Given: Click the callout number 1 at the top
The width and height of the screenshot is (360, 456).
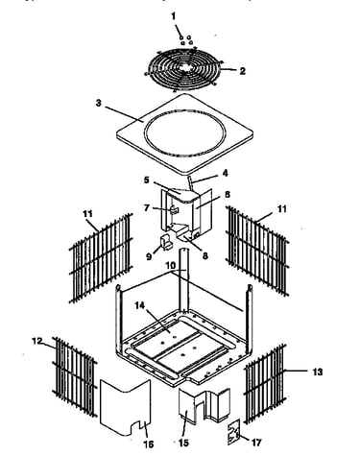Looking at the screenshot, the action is (x=174, y=16).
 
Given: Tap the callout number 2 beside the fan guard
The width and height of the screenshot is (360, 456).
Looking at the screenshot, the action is (x=243, y=71).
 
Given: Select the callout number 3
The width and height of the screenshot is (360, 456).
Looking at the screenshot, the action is (x=99, y=104).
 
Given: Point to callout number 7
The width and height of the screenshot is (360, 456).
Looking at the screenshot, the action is (x=147, y=208).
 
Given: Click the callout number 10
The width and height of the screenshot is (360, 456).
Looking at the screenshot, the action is (x=170, y=266).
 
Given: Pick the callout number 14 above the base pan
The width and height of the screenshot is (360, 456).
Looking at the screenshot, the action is (x=139, y=305).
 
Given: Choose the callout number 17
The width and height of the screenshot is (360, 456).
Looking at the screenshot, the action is (x=256, y=443).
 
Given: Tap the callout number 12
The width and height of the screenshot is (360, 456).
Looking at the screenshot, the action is (x=37, y=341).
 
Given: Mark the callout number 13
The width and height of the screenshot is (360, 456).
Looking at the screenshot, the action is (x=318, y=372).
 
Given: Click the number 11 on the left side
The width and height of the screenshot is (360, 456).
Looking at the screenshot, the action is (x=87, y=214).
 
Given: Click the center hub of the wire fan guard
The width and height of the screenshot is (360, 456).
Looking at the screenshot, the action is (x=183, y=68).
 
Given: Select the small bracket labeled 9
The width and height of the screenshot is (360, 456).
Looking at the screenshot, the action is (x=166, y=242).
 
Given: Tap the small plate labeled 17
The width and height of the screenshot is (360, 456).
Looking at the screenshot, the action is (x=234, y=432).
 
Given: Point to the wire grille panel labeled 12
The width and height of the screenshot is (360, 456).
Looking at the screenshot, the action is (x=75, y=377).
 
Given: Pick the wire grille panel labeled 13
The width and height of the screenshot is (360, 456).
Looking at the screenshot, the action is (x=265, y=384).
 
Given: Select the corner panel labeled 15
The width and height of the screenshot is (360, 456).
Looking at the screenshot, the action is (x=204, y=406).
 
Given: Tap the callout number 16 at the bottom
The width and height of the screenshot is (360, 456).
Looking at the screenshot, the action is (x=149, y=444).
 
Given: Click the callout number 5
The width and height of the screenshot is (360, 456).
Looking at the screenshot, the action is (x=146, y=180).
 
